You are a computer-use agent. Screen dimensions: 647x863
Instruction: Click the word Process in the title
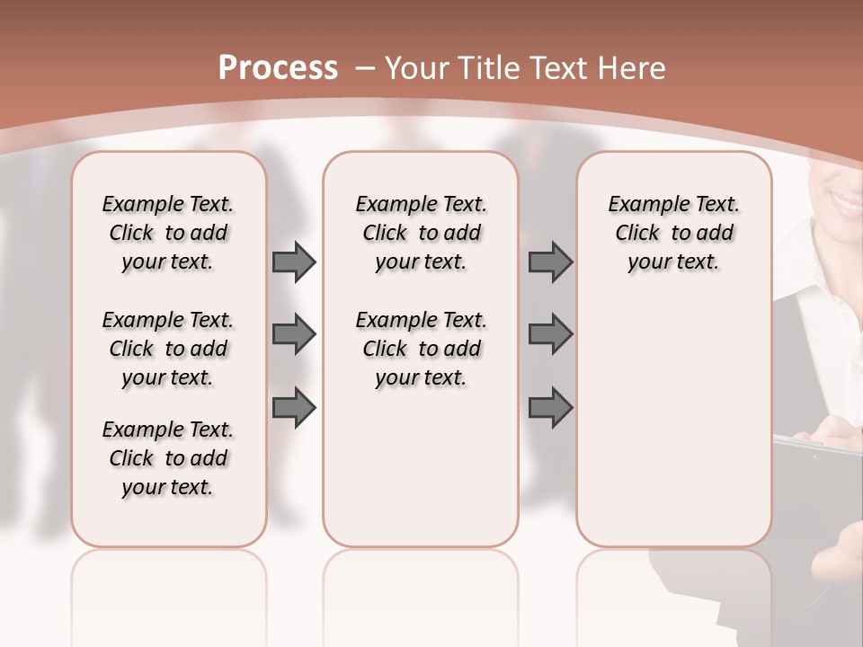278,67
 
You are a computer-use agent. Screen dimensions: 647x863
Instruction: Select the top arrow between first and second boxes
294,262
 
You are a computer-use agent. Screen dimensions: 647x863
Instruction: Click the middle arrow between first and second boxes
294,335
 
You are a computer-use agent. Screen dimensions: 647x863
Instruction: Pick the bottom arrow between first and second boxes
294,407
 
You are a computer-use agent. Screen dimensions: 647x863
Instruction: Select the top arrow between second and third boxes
550,262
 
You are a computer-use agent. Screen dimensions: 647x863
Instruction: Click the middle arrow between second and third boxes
550,335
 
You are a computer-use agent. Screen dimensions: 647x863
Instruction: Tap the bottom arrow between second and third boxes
550,407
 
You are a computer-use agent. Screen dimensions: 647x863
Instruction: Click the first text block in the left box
168,234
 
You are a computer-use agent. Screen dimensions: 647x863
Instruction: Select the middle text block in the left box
168,349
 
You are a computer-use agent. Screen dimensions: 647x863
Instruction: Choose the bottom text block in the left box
168,458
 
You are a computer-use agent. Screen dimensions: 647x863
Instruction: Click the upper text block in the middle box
421,234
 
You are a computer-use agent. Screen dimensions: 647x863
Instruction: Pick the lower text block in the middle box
421,349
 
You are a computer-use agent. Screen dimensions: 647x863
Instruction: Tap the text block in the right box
673,234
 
